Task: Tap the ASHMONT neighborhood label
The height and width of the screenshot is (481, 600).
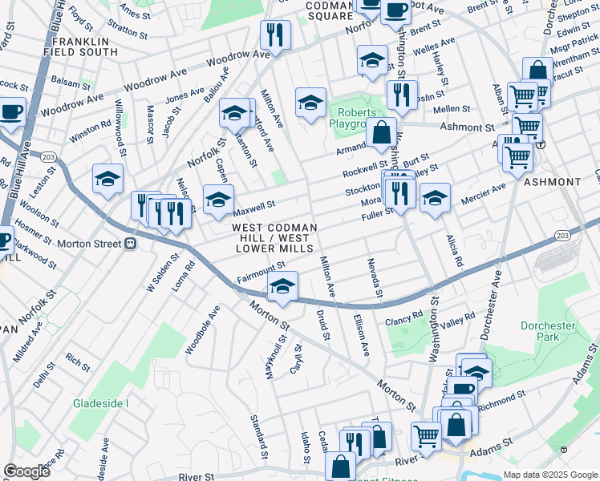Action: point(552,182)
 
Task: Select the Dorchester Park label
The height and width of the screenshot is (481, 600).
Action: point(549,332)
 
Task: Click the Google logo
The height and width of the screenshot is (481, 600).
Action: point(26,471)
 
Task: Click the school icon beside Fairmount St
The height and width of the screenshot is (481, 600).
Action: point(282,286)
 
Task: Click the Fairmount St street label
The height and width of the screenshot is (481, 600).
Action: point(261,273)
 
